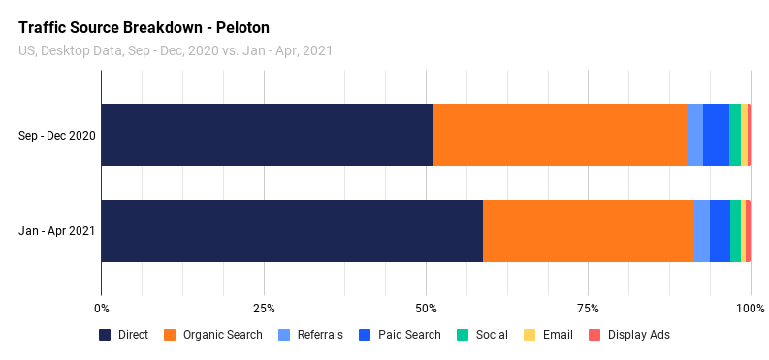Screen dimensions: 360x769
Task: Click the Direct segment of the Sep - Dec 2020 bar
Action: click(267, 135)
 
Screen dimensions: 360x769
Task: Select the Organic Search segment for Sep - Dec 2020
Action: click(560, 135)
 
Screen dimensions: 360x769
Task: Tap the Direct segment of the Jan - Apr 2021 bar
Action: click(292, 231)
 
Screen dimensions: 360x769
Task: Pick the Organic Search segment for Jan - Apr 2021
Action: click(588, 231)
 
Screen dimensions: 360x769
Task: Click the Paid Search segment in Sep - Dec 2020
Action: click(716, 135)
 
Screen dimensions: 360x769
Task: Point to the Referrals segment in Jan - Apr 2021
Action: click(701, 231)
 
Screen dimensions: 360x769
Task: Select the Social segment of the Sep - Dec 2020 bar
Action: click(735, 135)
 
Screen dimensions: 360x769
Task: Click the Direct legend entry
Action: click(124, 335)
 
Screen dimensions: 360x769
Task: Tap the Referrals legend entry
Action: click(310, 335)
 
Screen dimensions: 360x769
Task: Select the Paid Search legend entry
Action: click(400, 335)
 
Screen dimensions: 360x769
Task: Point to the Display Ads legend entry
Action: click(629, 335)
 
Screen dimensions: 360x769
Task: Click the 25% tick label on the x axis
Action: click(264, 309)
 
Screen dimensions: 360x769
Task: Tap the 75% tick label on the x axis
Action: click(589, 309)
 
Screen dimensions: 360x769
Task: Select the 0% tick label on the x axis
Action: click(101, 309)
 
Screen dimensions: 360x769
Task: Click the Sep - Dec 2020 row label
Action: click(57, 135)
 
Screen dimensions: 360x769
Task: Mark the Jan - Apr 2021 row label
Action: click(57, 231)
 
